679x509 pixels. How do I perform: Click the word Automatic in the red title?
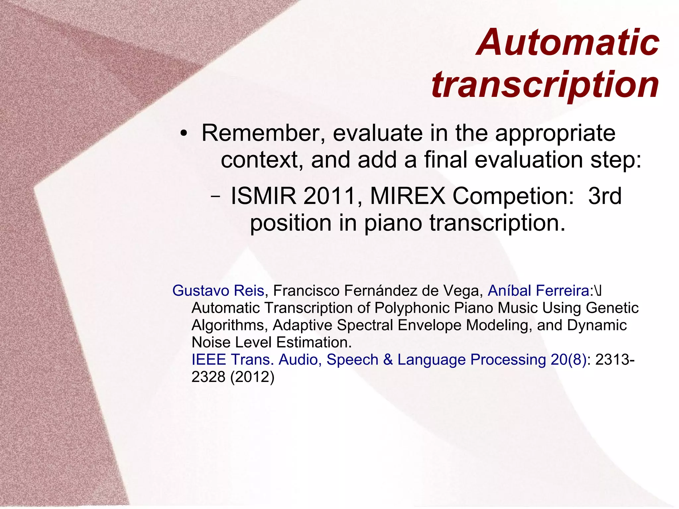[568, 43]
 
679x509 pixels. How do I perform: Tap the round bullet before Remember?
[184, 134]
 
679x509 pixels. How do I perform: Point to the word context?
[262, 160]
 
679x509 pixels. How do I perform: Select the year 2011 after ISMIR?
[330, 196]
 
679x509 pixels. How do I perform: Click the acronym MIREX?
[407, 196]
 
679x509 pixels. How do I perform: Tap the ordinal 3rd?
[605, 196]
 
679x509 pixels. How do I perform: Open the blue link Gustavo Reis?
[218, 291]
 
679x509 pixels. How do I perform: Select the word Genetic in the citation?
[612, 308]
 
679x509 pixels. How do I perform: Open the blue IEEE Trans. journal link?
[389, 360]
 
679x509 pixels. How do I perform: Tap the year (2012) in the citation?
[252, 377]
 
